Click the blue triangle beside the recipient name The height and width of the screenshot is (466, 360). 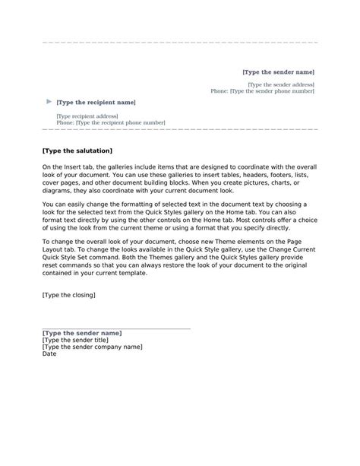(x=49, y=101)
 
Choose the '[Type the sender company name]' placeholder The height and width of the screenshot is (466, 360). (x=92, y=347)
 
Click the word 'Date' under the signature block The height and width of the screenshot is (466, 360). (x=49, y=353)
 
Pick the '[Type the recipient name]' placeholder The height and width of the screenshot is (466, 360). (x=96, y=102)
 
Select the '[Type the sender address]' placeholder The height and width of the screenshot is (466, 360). (x=281, y=84)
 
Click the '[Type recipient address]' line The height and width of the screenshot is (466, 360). (x=87, y=116)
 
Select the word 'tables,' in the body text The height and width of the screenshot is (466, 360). (x=210, y=173)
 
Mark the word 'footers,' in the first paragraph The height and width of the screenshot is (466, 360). (x=278, y=173)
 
